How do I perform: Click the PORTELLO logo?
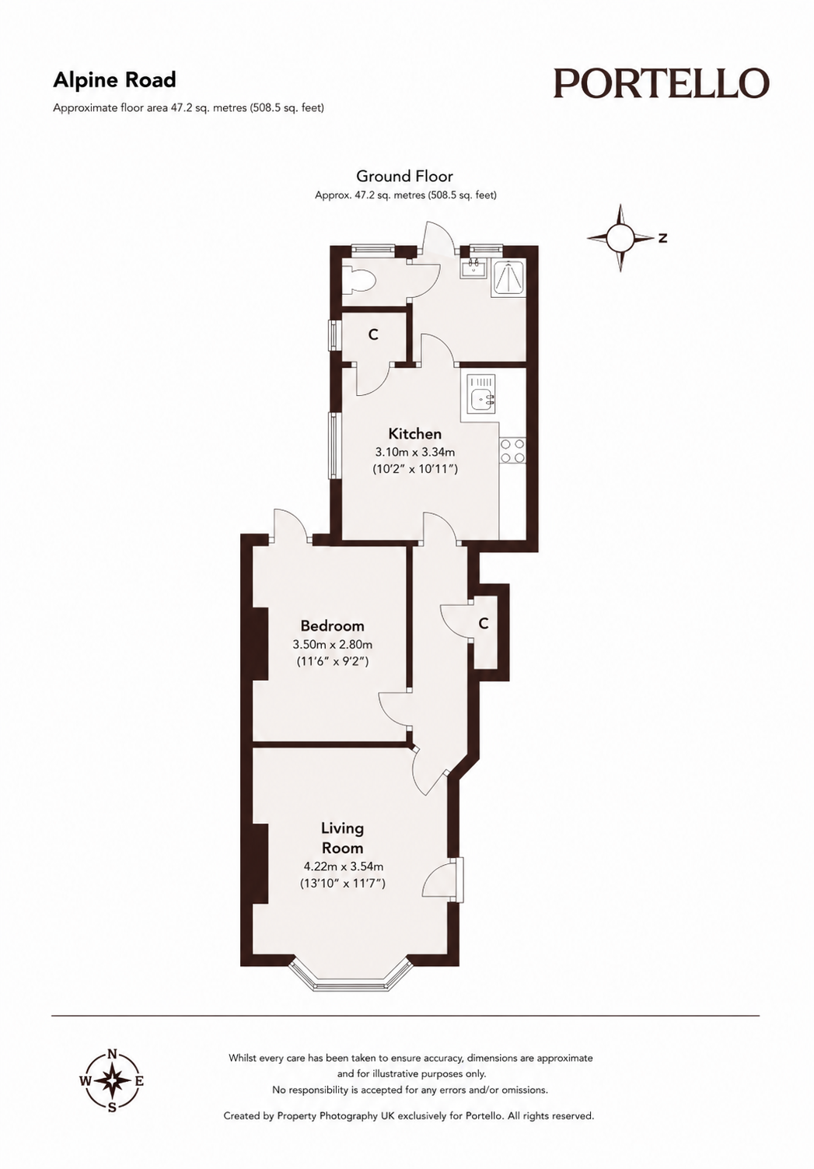point(661,83)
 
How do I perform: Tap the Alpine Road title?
point(115,80)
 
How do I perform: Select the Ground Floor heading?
point(404,176)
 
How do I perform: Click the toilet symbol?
point(359,282)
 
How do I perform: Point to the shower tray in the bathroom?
point(508,278)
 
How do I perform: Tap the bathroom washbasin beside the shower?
point(473,268)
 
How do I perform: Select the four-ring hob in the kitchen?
point(512,451)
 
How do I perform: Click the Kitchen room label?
point(415,434)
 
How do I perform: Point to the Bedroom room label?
point(333,625)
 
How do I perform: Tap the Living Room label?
point(342,837)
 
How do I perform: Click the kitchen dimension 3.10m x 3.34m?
point(415,452)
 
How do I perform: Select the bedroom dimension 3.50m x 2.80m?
point(333,645)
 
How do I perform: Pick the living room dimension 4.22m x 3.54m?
point(344,866)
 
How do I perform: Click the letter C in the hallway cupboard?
point(484,624)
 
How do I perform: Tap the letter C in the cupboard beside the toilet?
point(373,334)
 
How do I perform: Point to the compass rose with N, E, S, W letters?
point(112,1080)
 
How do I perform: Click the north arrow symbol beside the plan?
point(621,238)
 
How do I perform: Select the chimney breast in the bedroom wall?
point(260,643)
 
